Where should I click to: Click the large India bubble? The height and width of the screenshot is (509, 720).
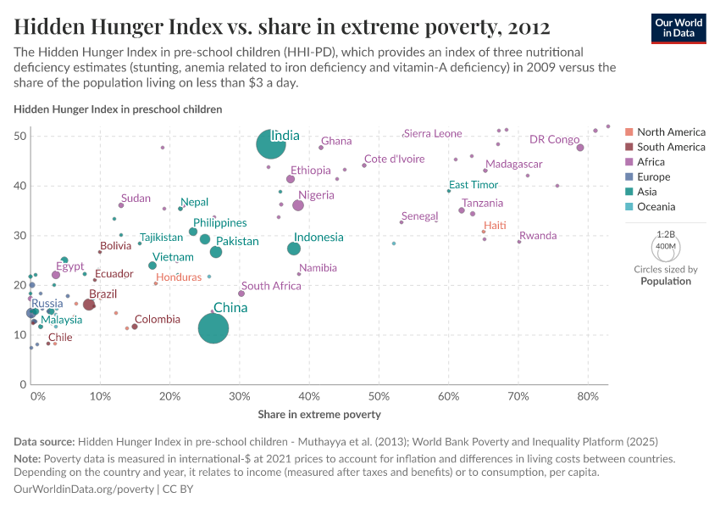270,144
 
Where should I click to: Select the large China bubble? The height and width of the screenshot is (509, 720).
213,328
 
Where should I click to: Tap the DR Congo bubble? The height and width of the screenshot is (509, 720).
580,148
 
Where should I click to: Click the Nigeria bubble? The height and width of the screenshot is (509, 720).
298,205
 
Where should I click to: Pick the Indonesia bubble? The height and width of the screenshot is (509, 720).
294,249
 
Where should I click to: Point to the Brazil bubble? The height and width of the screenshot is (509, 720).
89,305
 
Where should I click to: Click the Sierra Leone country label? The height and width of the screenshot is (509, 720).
433,133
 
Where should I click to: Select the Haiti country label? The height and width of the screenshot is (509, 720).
495,225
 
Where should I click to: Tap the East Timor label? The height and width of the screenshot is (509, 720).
474,185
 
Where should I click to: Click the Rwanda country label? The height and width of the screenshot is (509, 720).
538,236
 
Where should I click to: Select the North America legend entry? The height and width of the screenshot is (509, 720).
670,132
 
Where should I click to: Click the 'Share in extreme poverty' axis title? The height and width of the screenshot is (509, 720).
319,415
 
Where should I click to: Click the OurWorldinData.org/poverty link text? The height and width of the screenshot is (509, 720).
84,489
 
